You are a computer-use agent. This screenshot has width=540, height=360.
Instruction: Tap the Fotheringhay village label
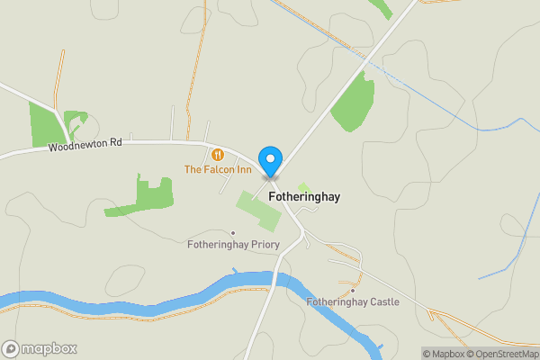(x=303, y=196)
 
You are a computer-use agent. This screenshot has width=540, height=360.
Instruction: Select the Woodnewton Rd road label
(x=85, y=144)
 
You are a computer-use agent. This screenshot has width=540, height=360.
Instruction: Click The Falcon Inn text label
(x=218, y=169)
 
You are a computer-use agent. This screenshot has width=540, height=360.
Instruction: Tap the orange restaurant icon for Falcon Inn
(x=218, y=154)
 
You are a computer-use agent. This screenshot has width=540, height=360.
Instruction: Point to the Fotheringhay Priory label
(x=233, y=244)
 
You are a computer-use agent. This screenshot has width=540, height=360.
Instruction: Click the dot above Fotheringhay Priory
(x=233, y=232)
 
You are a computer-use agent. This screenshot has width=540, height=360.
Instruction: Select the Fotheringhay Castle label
(x=352, y=302)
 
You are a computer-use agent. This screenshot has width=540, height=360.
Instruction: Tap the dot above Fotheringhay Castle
(x=353, y=291)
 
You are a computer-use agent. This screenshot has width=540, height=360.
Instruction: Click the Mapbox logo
(x=40, y=348)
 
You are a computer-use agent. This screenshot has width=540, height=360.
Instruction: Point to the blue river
(x=135, y=303)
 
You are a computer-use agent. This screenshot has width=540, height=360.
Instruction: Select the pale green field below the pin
(x=259, y=209)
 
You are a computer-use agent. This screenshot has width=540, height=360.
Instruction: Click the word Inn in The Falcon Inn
(x=242, y=169)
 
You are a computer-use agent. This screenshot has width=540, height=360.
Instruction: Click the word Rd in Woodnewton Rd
(x=114, y=143)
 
